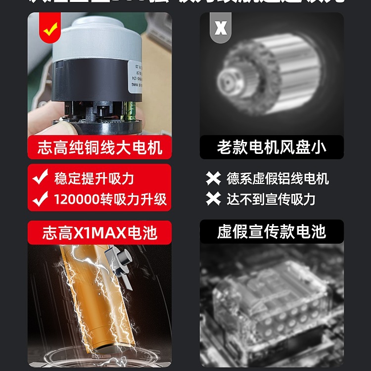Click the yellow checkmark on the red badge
[x=49, y=30]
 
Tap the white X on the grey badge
[x=221, y=28]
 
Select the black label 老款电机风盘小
[x=272, y=147]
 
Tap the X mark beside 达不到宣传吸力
[x=213, y=199]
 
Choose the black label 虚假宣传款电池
[x=272, y=232]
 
